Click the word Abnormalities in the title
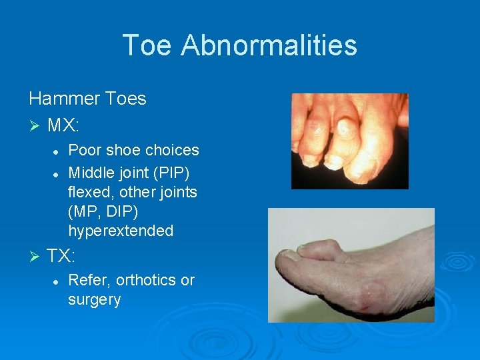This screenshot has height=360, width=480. point(269,45)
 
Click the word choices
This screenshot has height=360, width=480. point(175,151)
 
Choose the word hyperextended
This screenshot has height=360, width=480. point(121,231)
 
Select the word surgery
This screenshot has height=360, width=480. point(94,301)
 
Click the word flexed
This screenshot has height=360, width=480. point(89,193)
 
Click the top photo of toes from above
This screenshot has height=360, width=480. point(349,141)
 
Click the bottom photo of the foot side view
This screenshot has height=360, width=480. point(351,265)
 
